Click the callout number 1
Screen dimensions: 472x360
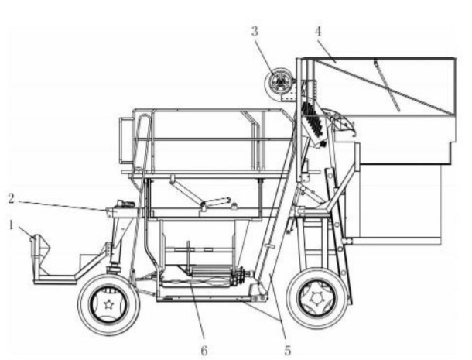tap(11, 225)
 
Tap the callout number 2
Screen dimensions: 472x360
tap(11, 198)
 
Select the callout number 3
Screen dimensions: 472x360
tap(255, 31)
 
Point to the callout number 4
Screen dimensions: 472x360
tap(318, 31)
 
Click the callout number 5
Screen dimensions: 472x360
tap(288, 351)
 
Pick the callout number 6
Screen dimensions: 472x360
tap(204, 351)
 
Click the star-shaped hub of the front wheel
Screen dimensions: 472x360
tap(108, 304)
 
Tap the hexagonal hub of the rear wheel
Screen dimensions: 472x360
tap(316, 298)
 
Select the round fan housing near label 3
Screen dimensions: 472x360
tap(279, 82)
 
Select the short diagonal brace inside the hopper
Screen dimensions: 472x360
tap(387, 85)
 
